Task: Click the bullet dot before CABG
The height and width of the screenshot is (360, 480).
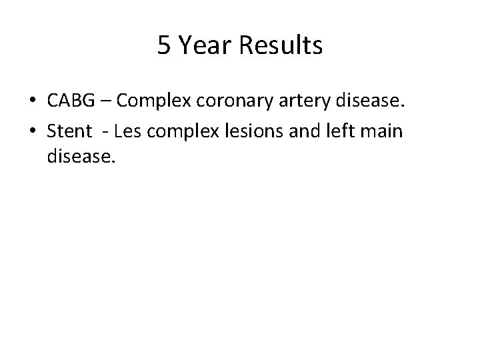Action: click(x=33, y=101)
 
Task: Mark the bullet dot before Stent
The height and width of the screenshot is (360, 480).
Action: click(x=33, y=131)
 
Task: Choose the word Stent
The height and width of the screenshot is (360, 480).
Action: click(x=67, y=131)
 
